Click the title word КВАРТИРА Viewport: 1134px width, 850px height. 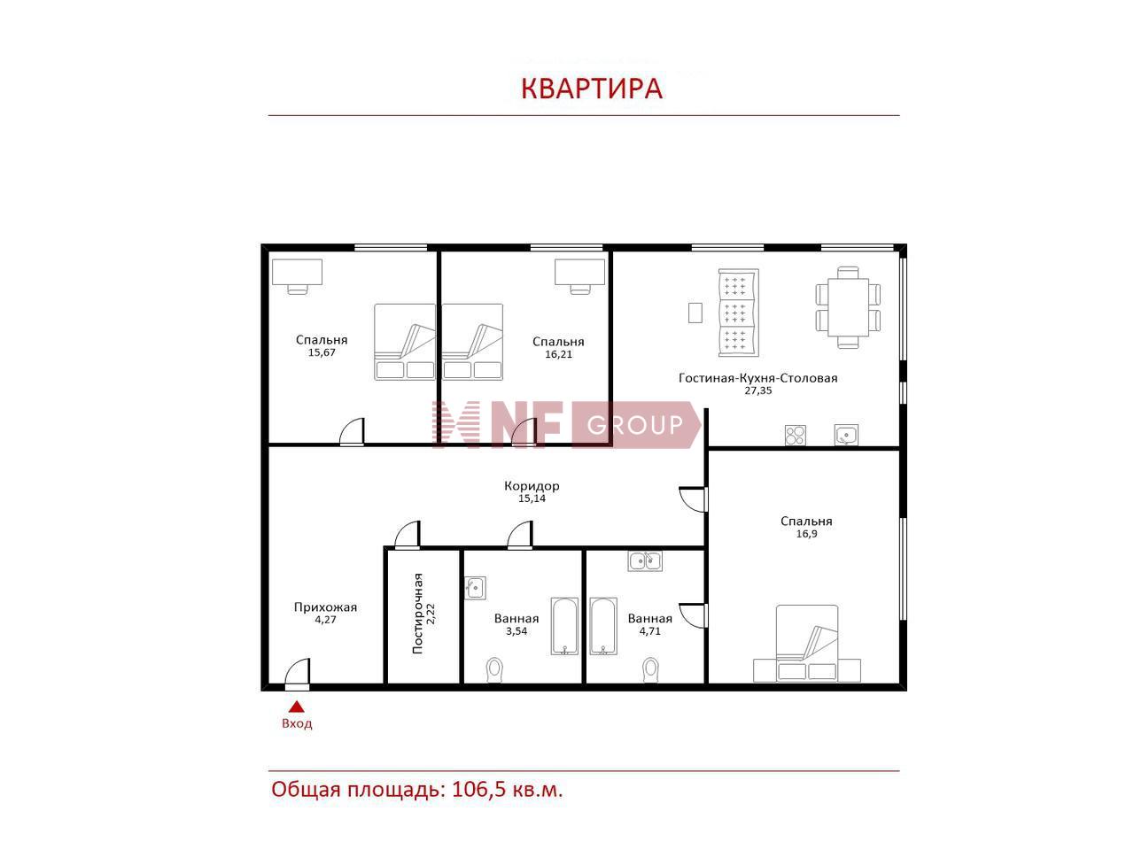tap(591, 89)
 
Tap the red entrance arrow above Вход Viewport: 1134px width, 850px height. tap(296, 707)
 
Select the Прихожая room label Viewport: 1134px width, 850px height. tap(325, 607)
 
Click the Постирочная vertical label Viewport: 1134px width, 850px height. tap(417, 614)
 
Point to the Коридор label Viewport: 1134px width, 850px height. tap(532, 485)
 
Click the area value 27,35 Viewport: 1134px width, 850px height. tap(757, 390)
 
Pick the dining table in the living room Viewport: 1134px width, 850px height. tap(848, 307)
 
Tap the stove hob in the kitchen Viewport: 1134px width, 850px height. tap(795, 435)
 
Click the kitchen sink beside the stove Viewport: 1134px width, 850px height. tap(846, 435)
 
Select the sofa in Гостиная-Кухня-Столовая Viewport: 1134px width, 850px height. tap(738, 313)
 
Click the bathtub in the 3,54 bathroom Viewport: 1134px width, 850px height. tap(564, 626)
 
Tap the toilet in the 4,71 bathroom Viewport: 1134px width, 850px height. tap(650, 670)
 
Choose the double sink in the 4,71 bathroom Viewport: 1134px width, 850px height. tap(645, 560)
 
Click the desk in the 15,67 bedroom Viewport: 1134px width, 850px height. tap(297, 276)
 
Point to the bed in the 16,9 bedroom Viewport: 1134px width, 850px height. tap(807, 644)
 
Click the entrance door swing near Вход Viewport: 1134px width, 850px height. tap(298, 671)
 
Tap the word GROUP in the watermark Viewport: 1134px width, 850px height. tap(635, 425)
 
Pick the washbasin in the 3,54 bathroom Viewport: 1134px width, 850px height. tap(475, 587)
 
